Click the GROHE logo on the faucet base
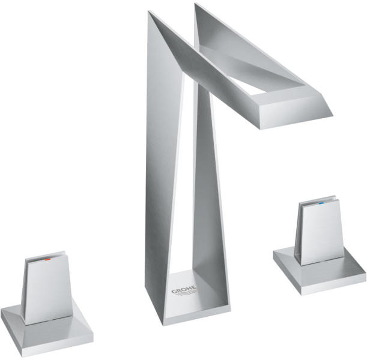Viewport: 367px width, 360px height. pos(184,290)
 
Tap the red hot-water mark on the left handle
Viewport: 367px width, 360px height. pos(47,259)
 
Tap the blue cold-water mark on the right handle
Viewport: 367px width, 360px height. pos(321,203)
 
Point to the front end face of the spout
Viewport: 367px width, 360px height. pos(296,112)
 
